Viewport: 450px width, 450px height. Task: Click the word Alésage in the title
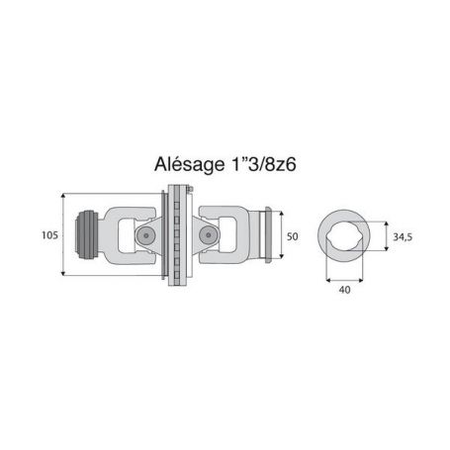click(189, 164)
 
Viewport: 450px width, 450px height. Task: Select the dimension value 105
click(49, 235)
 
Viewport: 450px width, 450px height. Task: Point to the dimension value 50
click(293, 236)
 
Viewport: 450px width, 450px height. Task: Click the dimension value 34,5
click(403, 236)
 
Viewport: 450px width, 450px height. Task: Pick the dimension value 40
click(344, 290)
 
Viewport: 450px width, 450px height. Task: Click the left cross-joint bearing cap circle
click(145, 235)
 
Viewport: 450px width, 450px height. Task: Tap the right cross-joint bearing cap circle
click(208, 235)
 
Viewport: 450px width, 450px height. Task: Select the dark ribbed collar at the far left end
click(87, 234)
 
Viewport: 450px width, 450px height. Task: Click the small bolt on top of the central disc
click(190, 189)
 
